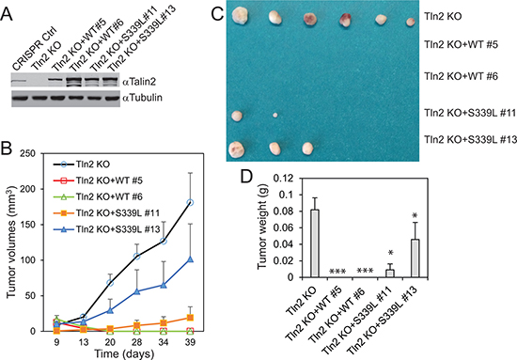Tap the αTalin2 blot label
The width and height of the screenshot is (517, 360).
139,82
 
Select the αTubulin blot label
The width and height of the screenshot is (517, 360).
142,98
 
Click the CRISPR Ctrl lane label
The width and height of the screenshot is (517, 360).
35,50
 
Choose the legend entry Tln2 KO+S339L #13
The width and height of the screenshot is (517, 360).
106,229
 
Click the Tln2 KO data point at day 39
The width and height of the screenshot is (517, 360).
190,202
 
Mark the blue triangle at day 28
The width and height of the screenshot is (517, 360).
136,291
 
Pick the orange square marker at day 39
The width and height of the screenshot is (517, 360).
190,318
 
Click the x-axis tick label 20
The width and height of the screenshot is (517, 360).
110,342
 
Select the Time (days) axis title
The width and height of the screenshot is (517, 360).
124,354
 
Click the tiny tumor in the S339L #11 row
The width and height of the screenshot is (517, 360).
275,116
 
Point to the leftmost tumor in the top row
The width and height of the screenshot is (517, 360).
240,15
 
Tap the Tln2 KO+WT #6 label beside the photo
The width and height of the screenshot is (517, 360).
461,76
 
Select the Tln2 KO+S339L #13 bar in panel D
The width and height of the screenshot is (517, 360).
415,258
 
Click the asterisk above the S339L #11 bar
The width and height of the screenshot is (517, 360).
390,253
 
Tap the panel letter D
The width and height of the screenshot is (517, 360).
248,178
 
